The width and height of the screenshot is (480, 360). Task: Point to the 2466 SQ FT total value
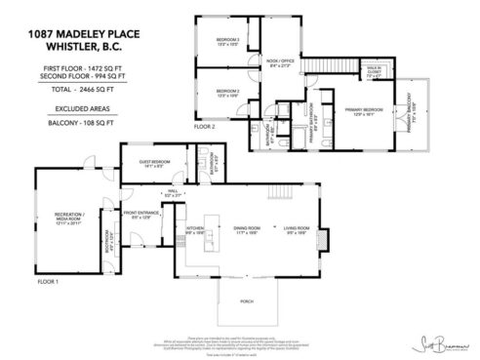[105, 87]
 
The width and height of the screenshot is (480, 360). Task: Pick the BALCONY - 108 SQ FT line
[81, 124]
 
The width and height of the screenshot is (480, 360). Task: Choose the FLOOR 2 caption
[203, 127]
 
